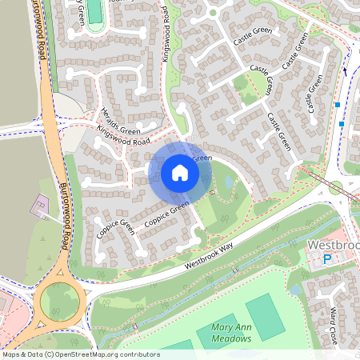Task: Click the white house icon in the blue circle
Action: [180, 173]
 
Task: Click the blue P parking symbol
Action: [326, 258]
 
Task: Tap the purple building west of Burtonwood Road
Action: [38, 207]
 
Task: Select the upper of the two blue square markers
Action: [338, 105]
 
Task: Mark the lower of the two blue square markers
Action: [342, 124]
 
